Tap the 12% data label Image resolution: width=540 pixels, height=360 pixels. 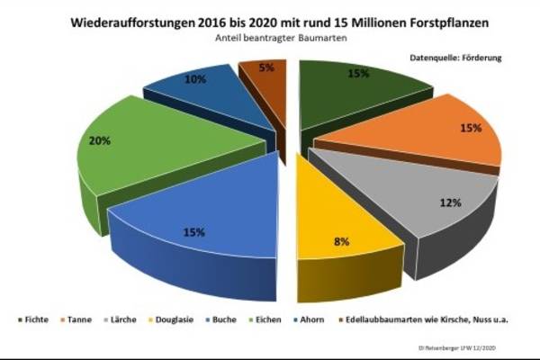tap(451, 203)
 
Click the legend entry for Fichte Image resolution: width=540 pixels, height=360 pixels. tap(34, 319)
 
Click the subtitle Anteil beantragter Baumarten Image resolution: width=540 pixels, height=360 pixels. tap(271, 40)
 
